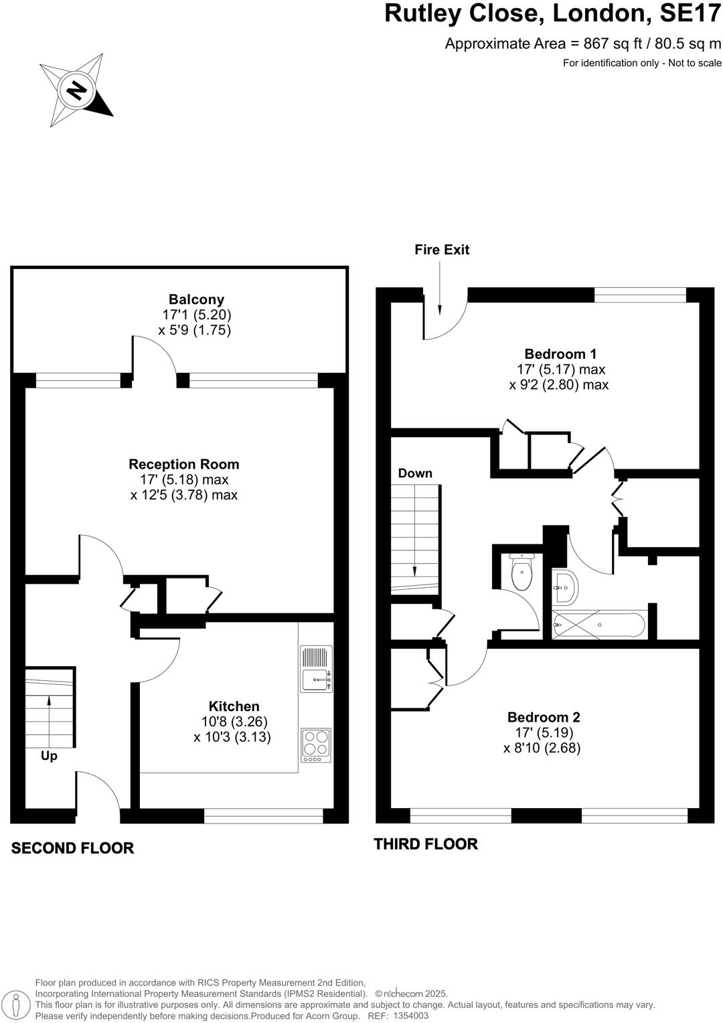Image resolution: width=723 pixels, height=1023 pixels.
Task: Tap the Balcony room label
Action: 196,300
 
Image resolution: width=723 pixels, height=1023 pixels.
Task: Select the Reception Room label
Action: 184,464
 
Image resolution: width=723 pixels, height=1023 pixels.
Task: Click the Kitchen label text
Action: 234,706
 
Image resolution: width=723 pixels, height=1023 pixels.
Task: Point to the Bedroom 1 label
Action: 560,354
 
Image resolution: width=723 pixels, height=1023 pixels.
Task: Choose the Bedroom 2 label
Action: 544,717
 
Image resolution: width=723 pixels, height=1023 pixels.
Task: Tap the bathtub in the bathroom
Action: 599,625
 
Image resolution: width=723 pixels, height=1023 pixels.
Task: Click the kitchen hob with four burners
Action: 316,745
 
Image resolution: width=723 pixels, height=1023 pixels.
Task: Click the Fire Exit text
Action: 442,250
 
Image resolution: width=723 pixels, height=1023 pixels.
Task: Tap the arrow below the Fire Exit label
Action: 440,288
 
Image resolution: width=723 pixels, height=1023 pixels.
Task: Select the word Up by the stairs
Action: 49,756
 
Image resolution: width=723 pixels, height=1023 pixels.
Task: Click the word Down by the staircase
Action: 415,473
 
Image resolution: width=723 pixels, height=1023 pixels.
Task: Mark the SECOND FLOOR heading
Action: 72,848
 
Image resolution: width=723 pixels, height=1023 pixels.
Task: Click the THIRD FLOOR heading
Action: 426,844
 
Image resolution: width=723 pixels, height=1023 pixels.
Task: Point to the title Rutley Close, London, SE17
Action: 552,14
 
